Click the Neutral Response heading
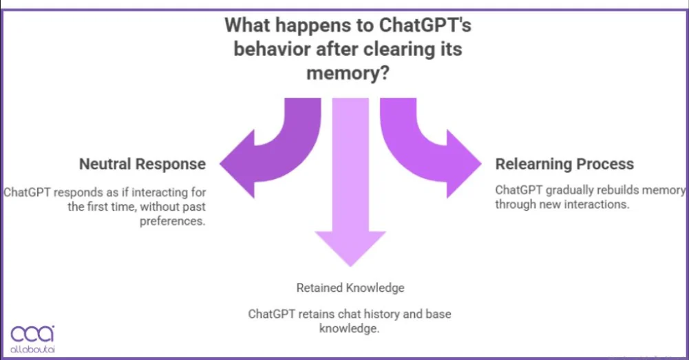point(142,164)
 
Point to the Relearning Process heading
point(564,164)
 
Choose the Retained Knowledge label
point(350,287)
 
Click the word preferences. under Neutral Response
point(173,221)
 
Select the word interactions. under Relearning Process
point(600,204)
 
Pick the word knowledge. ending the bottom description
point(350,328)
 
